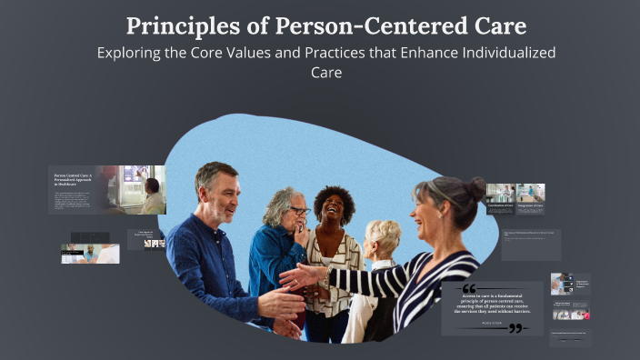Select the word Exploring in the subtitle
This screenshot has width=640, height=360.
(133, 53)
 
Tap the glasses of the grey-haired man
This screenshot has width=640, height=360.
(299, 212)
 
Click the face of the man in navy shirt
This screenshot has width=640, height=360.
(220, 193)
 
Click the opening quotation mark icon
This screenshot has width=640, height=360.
(469, 288)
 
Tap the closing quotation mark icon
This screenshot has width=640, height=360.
(516, 328)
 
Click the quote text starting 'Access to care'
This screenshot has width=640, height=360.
(492, 305)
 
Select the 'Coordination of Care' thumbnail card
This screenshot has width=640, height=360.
(500, 195)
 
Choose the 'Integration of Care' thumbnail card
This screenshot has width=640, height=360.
(530, 195)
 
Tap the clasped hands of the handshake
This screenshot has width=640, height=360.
(303, 276)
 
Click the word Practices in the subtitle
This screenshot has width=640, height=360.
(331, 53)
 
